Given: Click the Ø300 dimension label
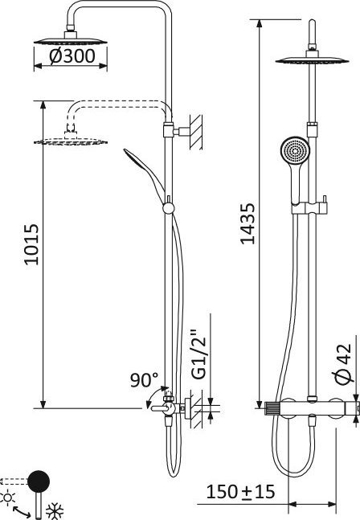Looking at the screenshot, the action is pyautogui.click(x=72, y=56).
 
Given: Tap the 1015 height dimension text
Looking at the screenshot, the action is pyautogui.click(x=31, y=244).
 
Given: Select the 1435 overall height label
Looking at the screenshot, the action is pyautogui.click(x=247, y=223).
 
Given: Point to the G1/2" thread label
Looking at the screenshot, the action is pyautogui.click(x=199, y=354).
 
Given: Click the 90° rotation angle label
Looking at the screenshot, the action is pyautogui.click(x=144, y=379).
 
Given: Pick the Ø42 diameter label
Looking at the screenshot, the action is pyautogui.click(x=342, y=364).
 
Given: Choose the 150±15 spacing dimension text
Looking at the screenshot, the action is pyautogui.click(x=240, y=492).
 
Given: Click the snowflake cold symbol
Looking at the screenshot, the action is pyautogui.click(x=55, y=511).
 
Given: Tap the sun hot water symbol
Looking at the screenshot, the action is pyautogui.click(x=7, y=497).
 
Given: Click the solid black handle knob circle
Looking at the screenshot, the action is pyautogui.click(x=39, y=481).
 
